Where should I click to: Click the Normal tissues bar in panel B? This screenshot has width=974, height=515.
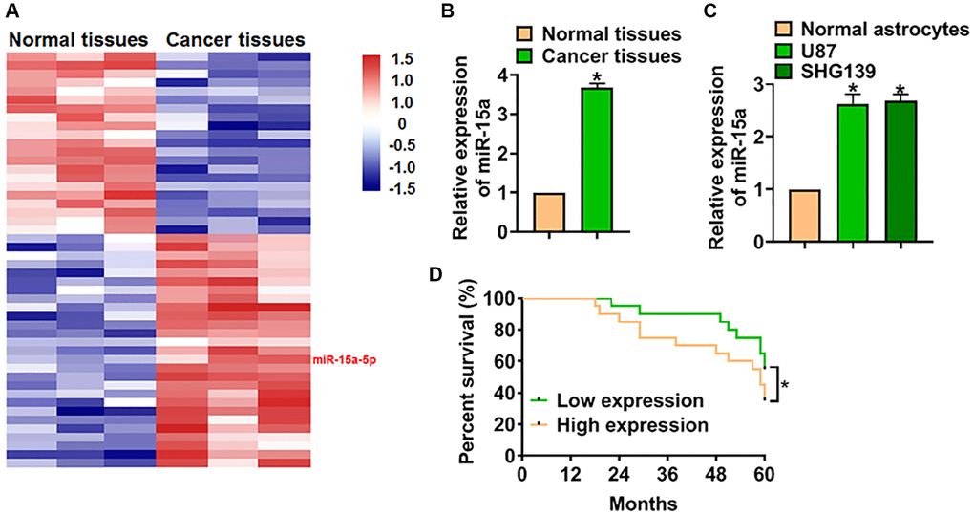tap(550, 212)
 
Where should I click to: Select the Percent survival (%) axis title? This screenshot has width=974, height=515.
tap(468, 377)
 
